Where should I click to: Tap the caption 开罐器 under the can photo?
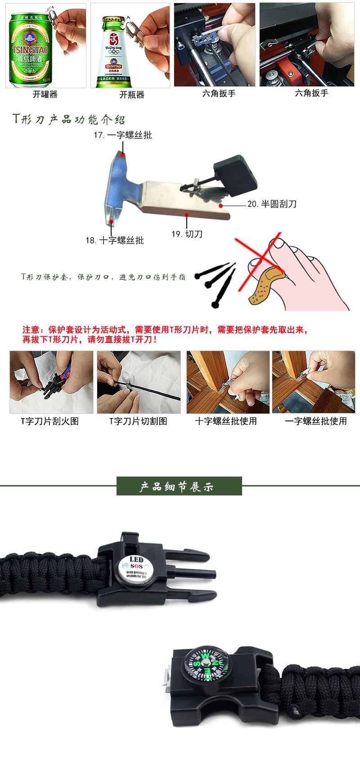[45, 94]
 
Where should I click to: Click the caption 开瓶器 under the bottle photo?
[131, 94]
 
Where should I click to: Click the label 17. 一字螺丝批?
[122, 135]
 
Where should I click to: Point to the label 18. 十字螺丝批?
[115, 240]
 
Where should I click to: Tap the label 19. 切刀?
[187, 234]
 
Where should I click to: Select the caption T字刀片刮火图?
[49, 421]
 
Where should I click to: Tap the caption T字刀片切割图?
[138, 421]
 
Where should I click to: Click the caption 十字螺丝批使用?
[226, 421]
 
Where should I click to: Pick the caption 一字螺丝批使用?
[316, 421]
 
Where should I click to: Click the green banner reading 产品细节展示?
[179, 487]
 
